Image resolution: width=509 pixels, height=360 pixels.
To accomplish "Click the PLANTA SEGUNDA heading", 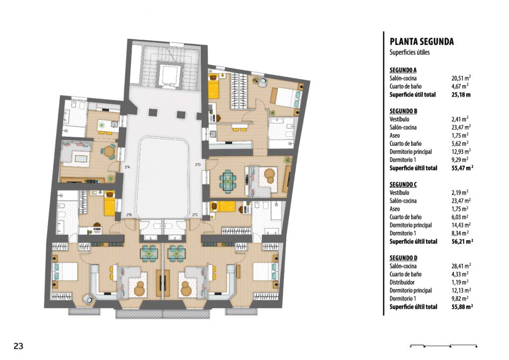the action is [422, 42].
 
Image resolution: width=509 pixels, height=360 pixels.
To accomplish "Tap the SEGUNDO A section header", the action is [403, 70].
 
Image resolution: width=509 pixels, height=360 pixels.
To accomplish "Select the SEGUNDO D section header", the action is [403, 258].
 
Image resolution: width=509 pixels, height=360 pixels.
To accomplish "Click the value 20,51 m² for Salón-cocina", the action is [461, 78].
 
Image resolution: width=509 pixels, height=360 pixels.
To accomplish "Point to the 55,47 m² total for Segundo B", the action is [462, 168].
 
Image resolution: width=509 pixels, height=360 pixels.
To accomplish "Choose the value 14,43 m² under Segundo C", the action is [461, 225].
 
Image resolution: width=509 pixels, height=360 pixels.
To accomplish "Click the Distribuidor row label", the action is [402, 282].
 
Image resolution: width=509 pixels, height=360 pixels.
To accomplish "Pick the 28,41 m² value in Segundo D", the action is [461, 266].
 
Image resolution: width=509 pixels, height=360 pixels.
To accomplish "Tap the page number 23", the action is [18, 346].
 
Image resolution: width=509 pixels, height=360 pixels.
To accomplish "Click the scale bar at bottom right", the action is [443, 346].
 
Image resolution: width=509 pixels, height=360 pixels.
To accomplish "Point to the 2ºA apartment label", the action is [127, 168].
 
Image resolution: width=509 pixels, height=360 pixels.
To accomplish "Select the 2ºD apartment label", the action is [198, 165].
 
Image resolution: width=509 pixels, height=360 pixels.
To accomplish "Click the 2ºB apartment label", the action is [129, 215].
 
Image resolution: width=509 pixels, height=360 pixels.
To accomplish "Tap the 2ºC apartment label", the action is [195, 215].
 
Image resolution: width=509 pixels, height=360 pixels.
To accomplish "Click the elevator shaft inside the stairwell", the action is [169, 75].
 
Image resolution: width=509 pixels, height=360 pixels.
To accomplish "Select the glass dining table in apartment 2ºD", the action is [228, 180].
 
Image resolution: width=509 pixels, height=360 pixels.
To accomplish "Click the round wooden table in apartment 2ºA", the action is [108, 151].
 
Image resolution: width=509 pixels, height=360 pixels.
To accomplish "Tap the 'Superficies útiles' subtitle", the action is [410, 52].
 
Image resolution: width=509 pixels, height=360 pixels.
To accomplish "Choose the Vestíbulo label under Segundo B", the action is [399, 119].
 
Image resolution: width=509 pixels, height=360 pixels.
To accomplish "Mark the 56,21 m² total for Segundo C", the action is [462, 242].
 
